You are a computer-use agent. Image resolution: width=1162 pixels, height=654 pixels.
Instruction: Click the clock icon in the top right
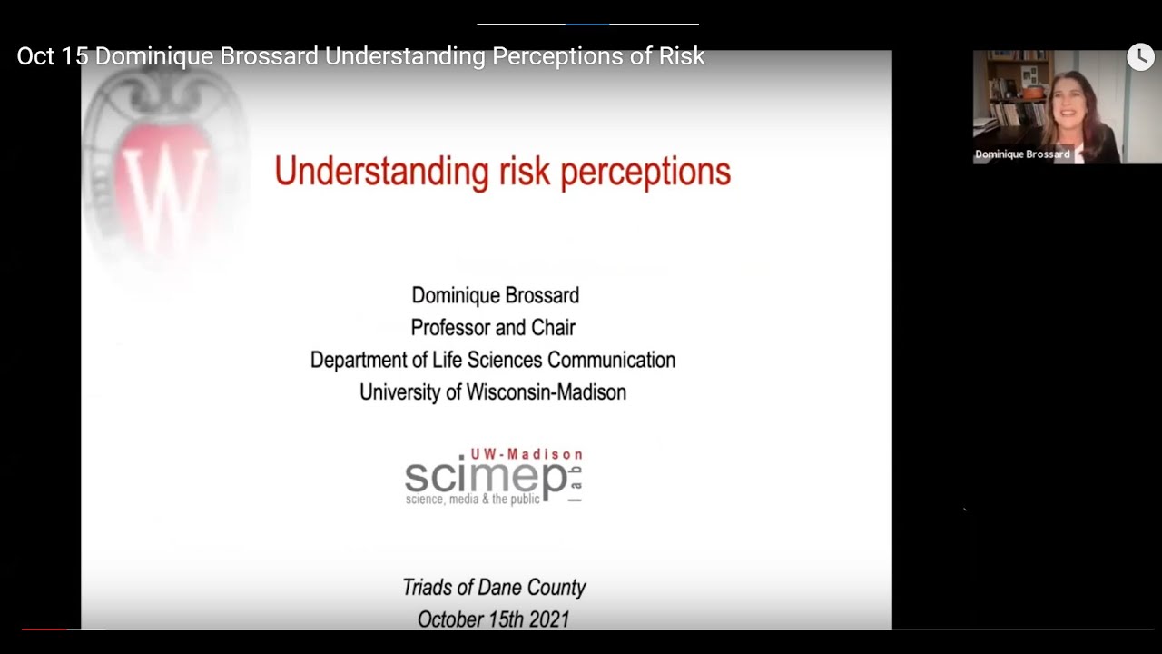point(1140,57)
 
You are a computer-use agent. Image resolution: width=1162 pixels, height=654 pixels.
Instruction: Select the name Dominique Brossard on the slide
point(495,295)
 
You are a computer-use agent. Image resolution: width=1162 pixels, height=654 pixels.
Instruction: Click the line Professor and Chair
point(493,327)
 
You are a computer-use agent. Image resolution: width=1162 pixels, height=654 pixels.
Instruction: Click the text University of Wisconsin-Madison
point(493,392)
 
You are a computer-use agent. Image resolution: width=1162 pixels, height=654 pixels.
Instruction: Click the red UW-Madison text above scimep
point(527,454)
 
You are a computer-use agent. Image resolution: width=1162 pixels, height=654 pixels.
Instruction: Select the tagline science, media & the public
point(472,500)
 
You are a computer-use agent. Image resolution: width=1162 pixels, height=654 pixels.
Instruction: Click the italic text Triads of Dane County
point(494,588)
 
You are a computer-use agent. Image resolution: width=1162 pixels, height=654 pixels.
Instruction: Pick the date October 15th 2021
point(494,619)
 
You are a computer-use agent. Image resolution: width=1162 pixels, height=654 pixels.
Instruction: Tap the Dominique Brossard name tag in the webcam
point(1022,154)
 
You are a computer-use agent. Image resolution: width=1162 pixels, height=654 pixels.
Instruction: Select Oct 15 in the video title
point(54,56)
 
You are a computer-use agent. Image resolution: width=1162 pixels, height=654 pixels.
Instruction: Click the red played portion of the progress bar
point(44,629)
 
